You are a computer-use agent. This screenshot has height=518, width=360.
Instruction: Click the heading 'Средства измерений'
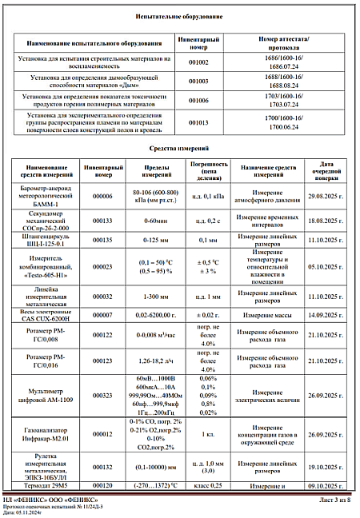click(x=180, y=149)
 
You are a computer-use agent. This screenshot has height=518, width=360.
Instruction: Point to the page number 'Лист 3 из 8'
click(x=330, y=500)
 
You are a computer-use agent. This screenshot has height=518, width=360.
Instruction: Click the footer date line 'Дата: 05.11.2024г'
click(x=30, y=512)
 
